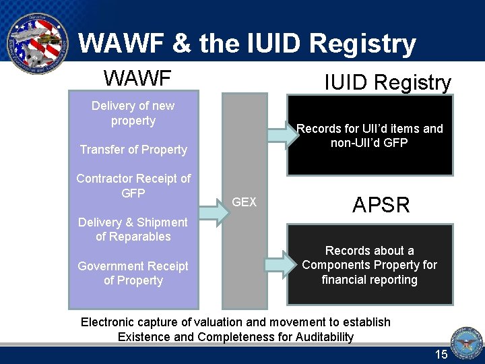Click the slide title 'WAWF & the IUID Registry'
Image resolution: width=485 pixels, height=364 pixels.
247,44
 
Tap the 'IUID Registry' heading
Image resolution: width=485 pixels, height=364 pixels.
387,83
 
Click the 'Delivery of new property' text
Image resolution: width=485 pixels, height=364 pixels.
133,113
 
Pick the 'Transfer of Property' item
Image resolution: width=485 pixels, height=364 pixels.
133,150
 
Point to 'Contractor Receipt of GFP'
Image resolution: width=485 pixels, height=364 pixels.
133,185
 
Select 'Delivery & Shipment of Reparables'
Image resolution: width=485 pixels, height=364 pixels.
133,229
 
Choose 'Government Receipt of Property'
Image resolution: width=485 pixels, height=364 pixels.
133,273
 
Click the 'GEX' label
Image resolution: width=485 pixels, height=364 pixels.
244,202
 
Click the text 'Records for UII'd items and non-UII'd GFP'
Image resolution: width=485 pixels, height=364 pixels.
370,135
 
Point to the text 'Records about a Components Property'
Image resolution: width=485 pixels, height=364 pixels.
369,258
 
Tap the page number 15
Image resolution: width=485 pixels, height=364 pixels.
441,355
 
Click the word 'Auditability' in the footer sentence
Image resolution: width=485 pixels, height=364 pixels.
320,336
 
